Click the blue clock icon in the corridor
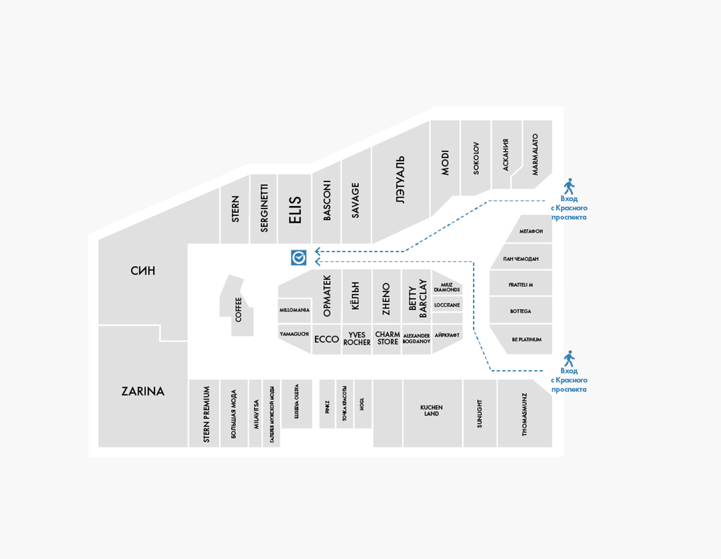click(299, 258)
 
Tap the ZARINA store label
click(143, 391)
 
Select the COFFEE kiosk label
click(239, 310)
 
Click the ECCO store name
click(327, 339)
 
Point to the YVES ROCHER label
click(357, 339)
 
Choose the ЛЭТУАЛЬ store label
click(401, 181)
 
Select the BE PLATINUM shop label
click(527, 340)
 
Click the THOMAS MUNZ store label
click(525, 414)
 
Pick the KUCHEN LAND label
click(431, 411)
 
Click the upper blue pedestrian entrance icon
click(568, 186)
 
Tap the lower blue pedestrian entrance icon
click(568, 359)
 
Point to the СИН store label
click(143, 271)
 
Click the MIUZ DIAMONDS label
click(447, 287)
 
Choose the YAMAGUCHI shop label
click(294, 334)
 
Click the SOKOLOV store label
click(476, 158)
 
